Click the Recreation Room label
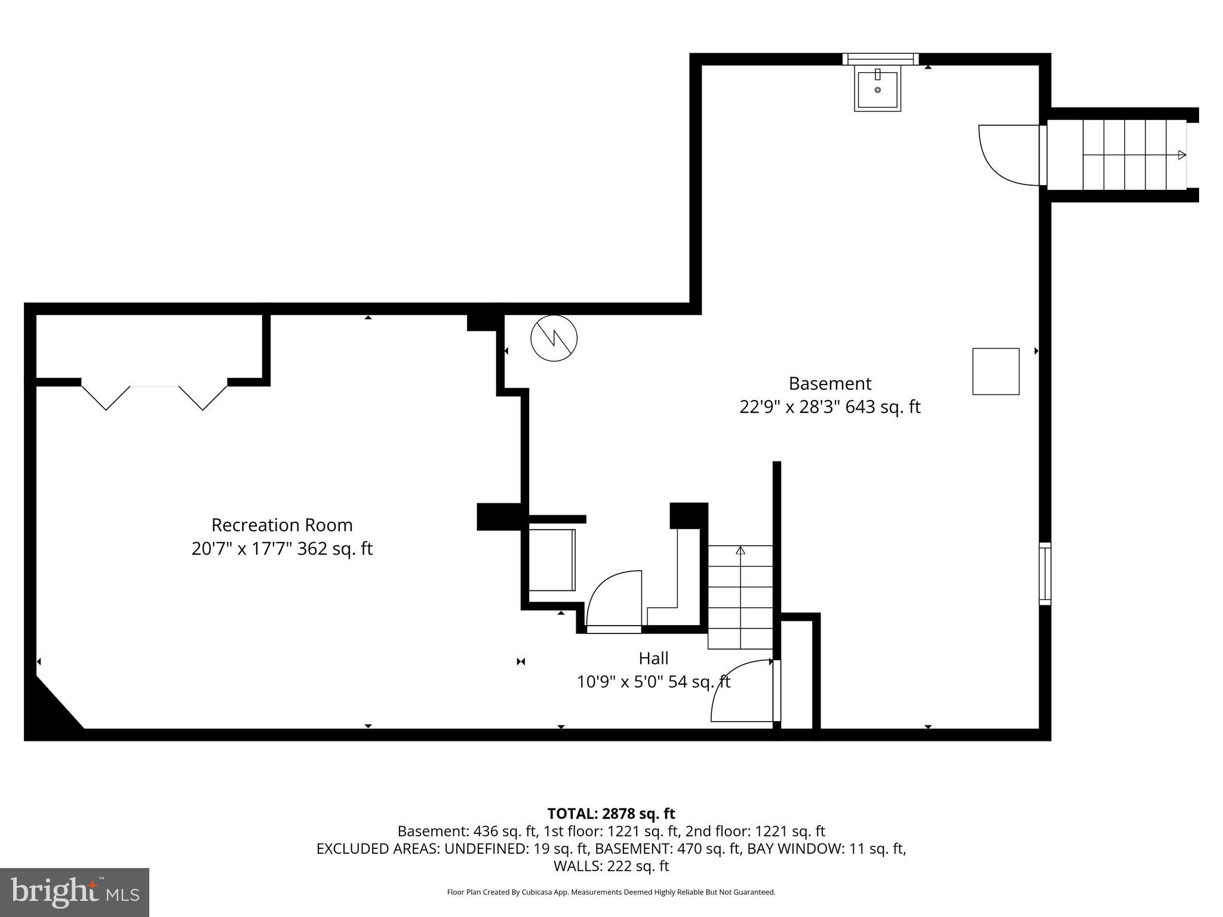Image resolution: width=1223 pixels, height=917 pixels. point(282,525)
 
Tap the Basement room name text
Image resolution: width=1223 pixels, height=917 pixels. point(829,383)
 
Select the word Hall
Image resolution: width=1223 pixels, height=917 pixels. point(653,658)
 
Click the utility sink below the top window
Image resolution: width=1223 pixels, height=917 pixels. point(877,90)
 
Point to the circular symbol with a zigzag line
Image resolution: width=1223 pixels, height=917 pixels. point(554,339)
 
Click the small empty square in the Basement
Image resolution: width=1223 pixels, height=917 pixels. point(995,371)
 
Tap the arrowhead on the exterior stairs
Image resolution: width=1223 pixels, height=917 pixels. point(1181,155)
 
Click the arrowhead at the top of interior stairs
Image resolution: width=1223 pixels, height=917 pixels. point(740,550)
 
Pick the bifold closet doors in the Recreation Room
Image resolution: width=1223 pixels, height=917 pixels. point(154,397)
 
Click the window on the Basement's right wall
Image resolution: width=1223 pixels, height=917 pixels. point(1044,573)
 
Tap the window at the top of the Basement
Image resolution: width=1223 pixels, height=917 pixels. point(880,59)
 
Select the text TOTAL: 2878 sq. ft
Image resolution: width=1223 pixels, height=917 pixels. point(611,814)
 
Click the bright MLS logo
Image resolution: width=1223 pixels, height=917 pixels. point(75,893)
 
